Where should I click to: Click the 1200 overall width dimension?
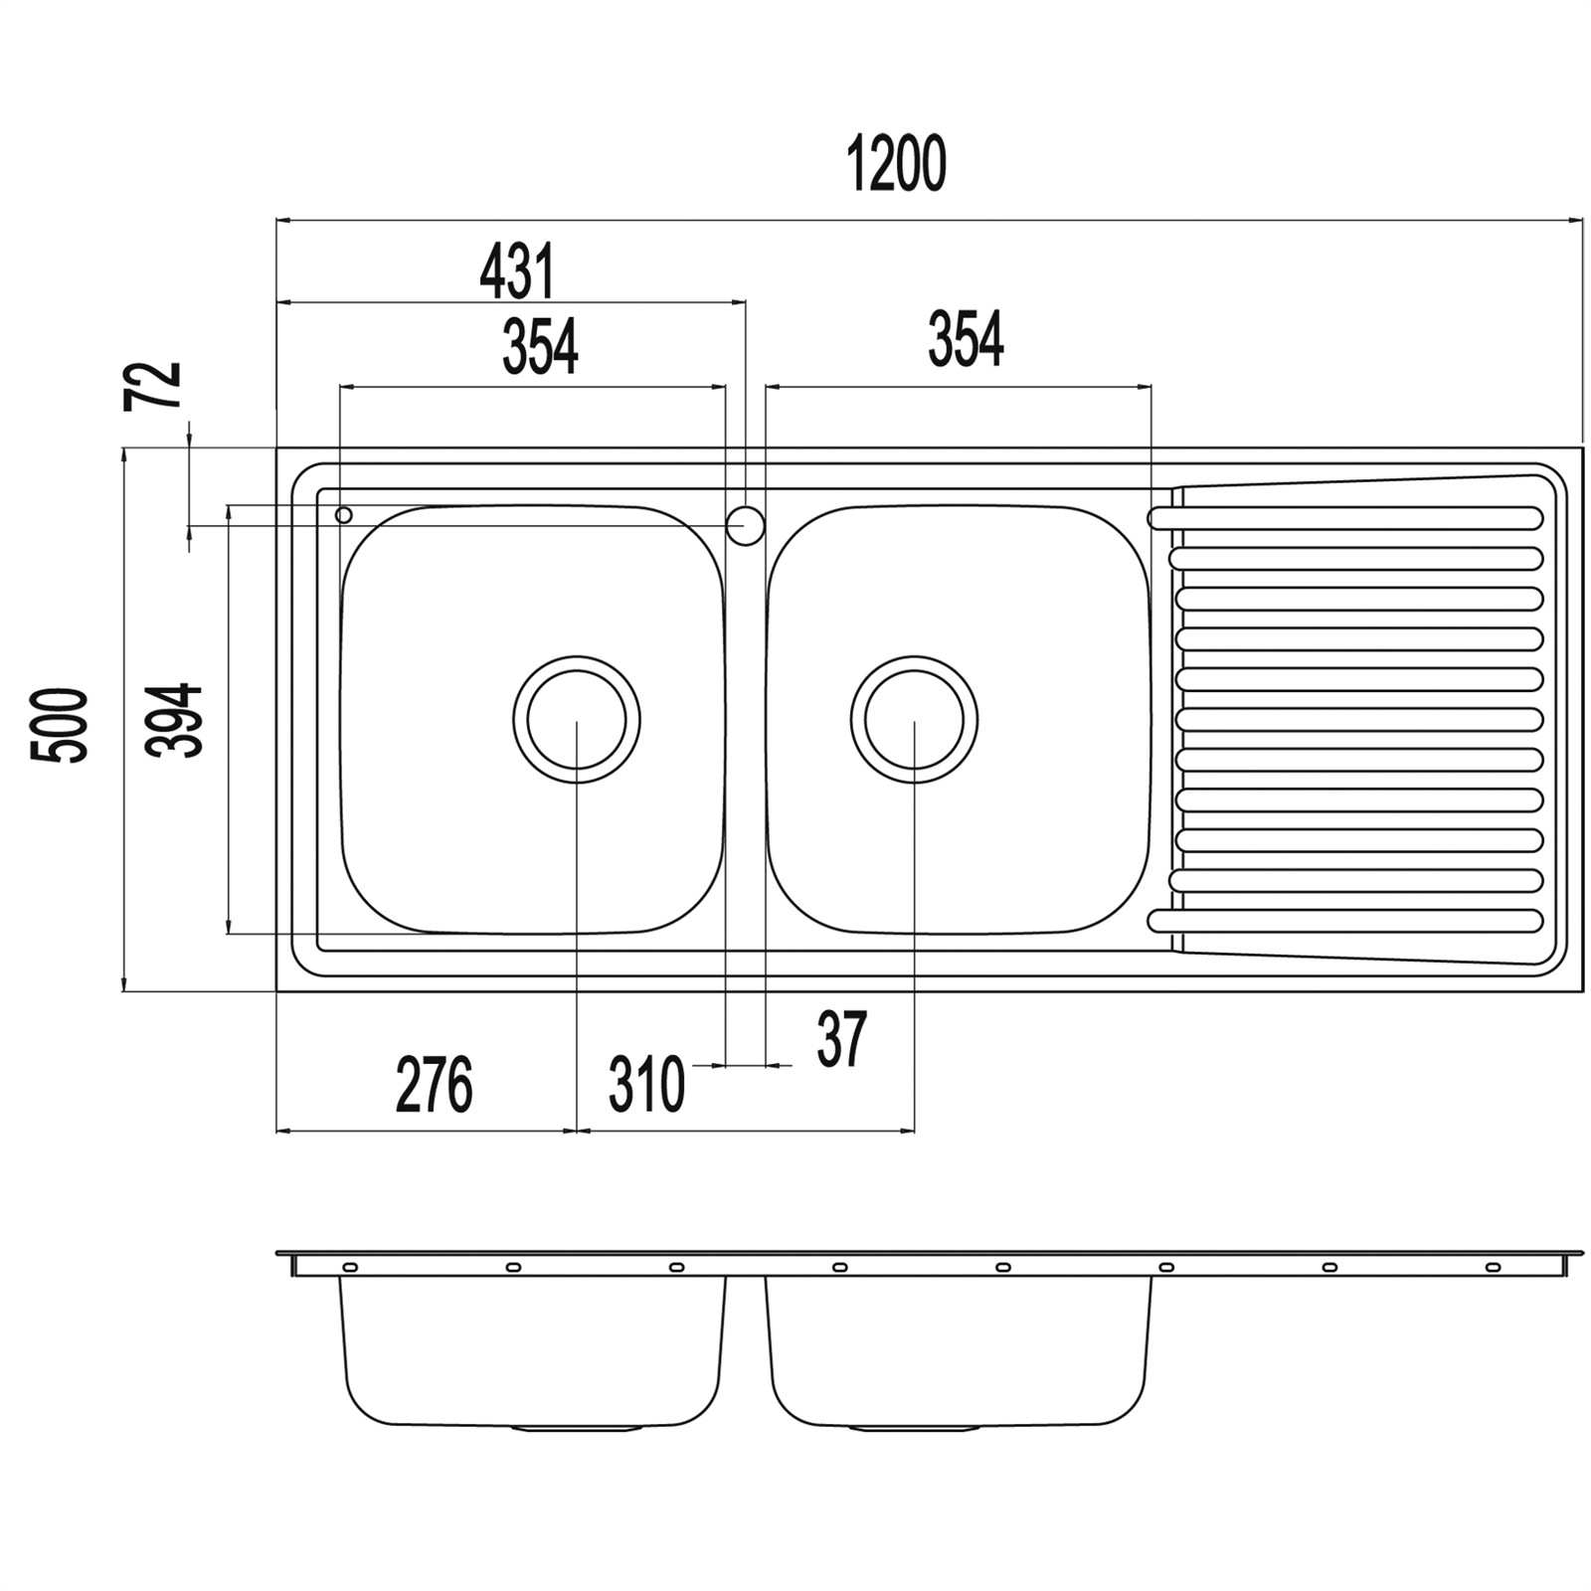coord(896,165)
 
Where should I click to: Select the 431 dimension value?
coord(517,271)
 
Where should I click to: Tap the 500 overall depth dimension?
coord(59,724)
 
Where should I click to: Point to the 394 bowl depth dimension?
coord(174,720)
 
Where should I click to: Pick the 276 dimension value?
coord(434,1086)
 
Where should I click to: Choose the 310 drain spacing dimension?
coord(646,1085)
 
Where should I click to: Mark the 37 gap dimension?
coord(842,1039)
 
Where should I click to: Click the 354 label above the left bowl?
coord(540,347)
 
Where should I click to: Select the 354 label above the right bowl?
coord(966,339)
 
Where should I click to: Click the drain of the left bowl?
coord(577,719)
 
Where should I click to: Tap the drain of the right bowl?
coord(914,719)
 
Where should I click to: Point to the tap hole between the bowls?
coord(745,525)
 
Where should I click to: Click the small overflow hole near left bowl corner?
coord(344,515)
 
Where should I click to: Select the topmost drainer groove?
coord(1344,518)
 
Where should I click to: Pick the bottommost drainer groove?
coord(1344,921)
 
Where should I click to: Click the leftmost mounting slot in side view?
coord(350,1267)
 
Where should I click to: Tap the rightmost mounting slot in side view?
coord(1492,1267)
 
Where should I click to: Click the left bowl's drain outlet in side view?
coord(577,1428)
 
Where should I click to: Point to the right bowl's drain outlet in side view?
coord(914,1428)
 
